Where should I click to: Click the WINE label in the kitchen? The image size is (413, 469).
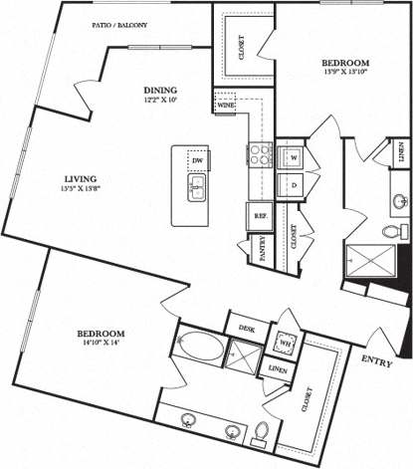(224, 103)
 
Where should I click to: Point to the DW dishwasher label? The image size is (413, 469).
(197, 160)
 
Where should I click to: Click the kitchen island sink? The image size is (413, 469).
(196, 185)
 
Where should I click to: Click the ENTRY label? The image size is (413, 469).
(377, 360)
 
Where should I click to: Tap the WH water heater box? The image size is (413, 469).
(286, 344)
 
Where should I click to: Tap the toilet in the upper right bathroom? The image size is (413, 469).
(390, 231)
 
